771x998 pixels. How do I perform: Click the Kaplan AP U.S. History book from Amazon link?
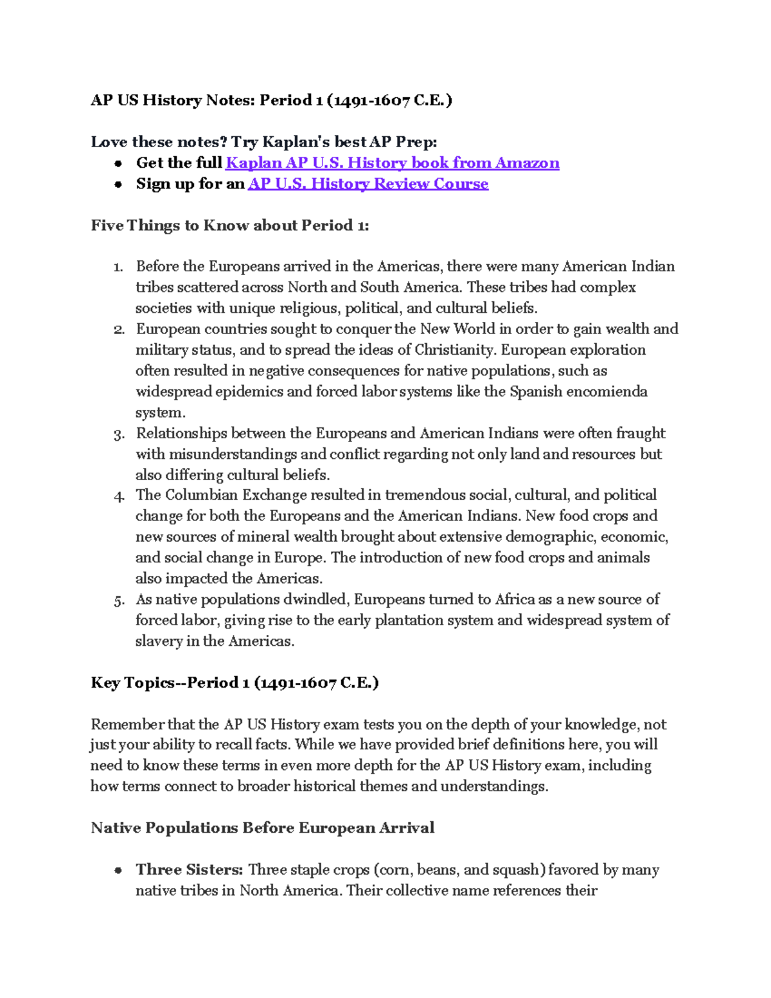[392, 163]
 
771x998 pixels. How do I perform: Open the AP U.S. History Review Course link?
[368, 184]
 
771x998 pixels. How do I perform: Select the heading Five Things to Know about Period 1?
[229, 226]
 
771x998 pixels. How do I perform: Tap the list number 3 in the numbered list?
[118, 435]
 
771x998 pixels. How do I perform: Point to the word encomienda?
[611, 392]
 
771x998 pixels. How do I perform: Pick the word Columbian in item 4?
[201, 495]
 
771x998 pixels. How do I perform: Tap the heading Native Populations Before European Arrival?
[262, 828]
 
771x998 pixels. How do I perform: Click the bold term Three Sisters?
[189, 869]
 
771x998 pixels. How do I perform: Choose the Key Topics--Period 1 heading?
[235, 682]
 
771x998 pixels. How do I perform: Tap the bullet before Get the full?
[118, 164]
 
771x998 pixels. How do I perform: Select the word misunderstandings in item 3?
[232, 454]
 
